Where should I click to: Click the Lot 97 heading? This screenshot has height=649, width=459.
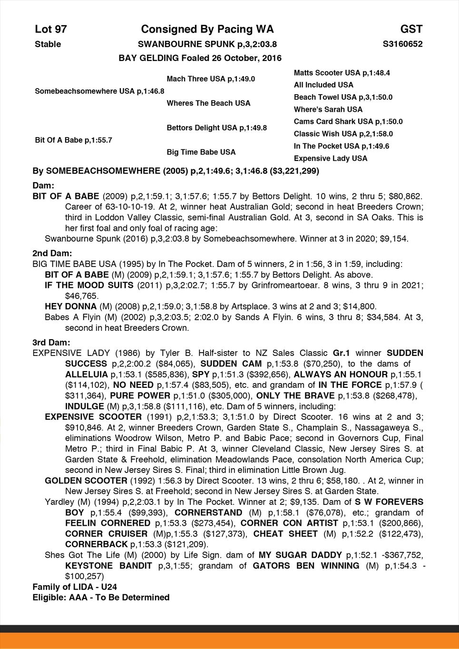click(51, 29)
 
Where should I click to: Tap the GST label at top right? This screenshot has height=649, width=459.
click(411, 29)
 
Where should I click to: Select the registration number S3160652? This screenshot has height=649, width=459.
click(402, 44)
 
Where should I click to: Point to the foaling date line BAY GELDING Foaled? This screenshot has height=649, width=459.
click(200, 58)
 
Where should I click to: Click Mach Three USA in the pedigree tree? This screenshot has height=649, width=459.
click(211, 79)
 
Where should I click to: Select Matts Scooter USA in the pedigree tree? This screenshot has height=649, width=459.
click(342, 73)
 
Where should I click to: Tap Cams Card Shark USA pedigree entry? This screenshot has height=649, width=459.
click(348, 122)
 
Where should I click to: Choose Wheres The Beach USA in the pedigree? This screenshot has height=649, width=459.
click(208, 103)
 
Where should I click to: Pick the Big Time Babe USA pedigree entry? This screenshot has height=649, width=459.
click(201, 152)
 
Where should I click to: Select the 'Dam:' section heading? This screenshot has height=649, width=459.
click(43, 185)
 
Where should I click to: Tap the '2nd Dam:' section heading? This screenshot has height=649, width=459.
click(52, 253)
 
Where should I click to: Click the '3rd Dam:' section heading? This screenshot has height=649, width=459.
click(51, 343)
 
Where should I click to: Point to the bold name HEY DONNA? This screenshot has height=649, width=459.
click(70, 306)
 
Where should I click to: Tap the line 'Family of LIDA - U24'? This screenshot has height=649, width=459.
click(75, 587)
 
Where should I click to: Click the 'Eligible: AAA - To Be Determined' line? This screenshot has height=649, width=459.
click(101, 597)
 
